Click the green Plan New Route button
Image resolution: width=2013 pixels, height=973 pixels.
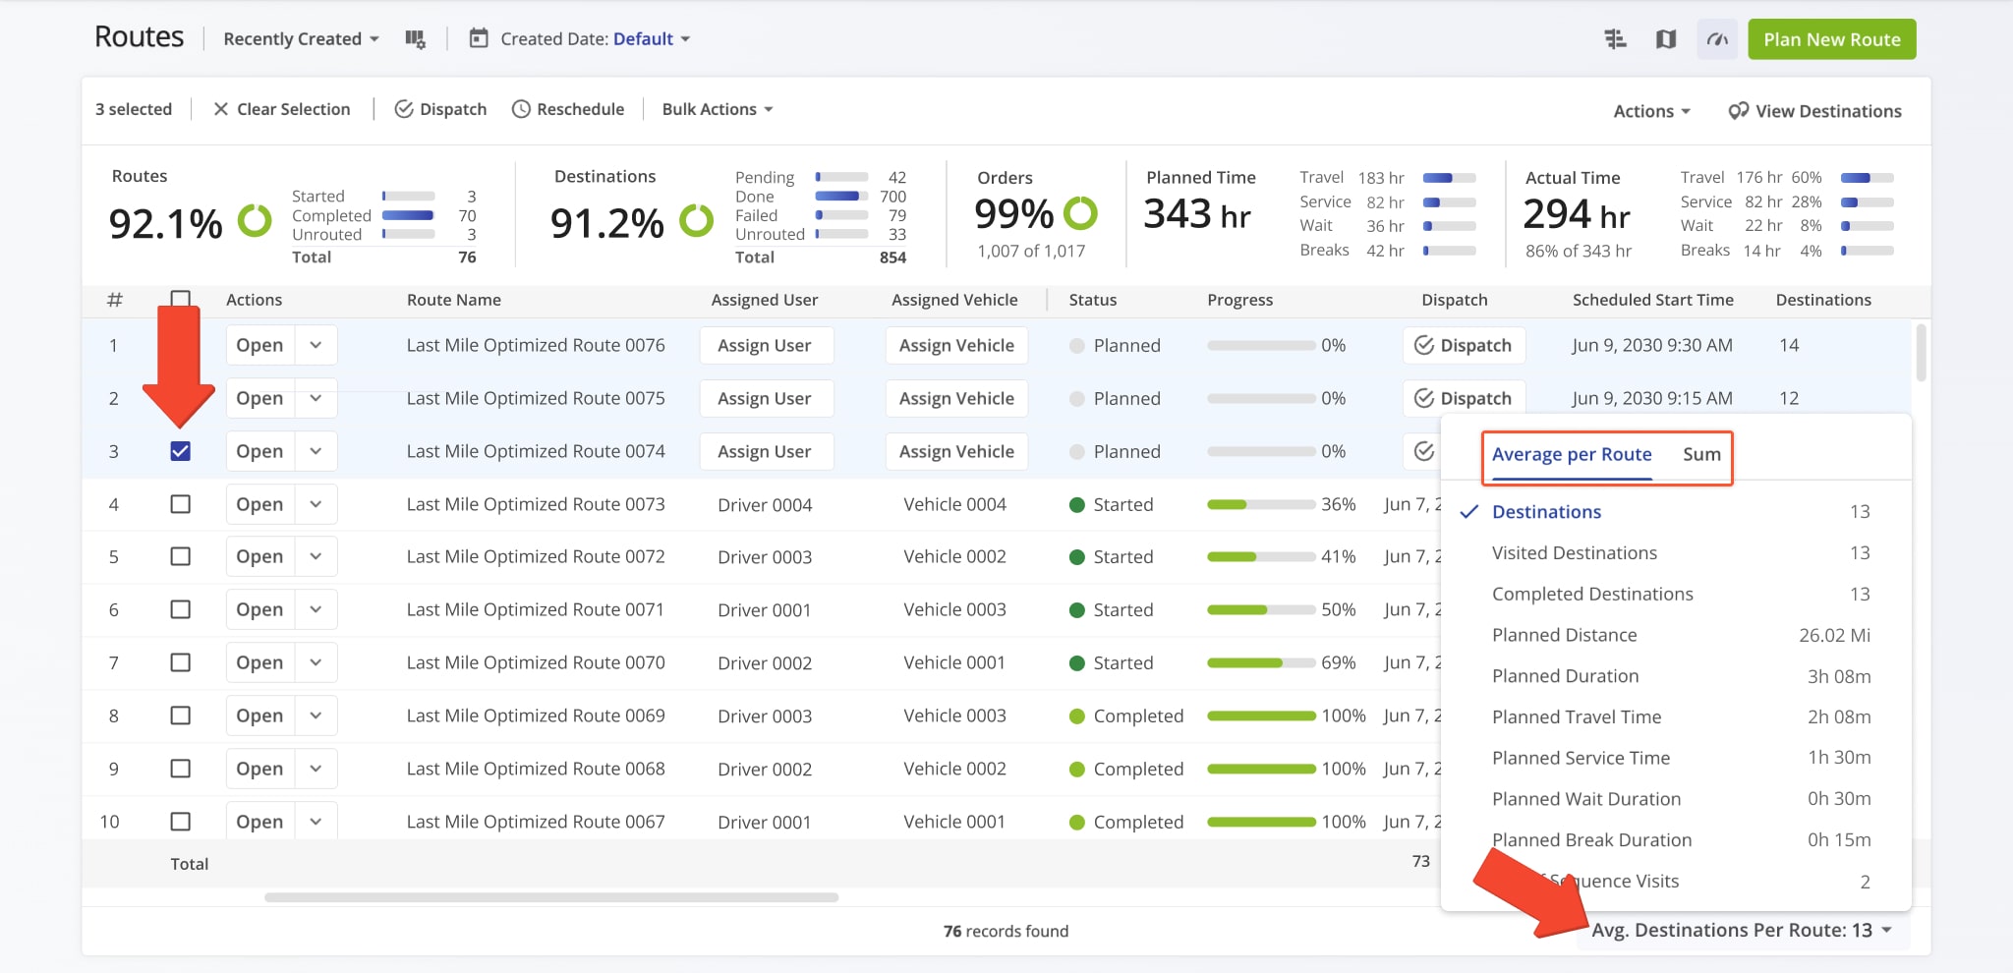click(1831, 39)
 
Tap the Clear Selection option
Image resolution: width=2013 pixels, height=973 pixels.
click(282, 109)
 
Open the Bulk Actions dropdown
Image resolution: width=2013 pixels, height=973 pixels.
click(717, 109)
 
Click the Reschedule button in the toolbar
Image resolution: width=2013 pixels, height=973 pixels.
click(568, 109)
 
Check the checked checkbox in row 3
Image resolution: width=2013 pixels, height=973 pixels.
click(180, 451)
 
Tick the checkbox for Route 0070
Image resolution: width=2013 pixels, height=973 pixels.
click(180, 662)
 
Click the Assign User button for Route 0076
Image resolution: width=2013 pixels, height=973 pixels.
click(765, 345)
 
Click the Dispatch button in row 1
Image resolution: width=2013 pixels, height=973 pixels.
click(1463, 345)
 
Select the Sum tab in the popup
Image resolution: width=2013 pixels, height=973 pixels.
click(1700, 454)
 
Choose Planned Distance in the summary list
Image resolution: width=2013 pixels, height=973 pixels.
click(1564, 635)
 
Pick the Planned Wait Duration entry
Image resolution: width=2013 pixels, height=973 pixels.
click(1585, 799)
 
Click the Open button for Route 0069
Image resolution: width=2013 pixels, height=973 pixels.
click(259, 715)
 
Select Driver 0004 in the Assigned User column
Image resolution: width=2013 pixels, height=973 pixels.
click(764, 504)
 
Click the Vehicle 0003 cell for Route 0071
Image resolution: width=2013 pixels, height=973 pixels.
click(953, 609)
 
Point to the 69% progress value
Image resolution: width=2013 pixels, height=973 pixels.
click(1338, 662)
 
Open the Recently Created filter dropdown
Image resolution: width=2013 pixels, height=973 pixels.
click(301, 39)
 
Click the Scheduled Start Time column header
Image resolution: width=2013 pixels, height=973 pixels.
click(1652, 300)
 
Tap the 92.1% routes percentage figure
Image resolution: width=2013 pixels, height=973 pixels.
click(166, 224)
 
